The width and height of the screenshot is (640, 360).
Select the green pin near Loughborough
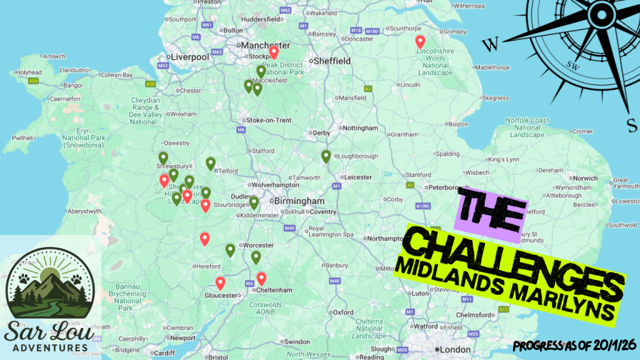[326, 157]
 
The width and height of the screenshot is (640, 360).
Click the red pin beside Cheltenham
[261, 279]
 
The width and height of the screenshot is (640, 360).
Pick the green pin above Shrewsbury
[163, 158]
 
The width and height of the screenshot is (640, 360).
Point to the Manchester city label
[267, 46]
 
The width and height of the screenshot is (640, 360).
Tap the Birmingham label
[302, 201]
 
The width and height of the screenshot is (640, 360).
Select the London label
[455, 349]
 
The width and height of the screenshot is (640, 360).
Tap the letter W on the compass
[492, 44]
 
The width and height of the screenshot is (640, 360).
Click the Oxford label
[342, 312]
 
